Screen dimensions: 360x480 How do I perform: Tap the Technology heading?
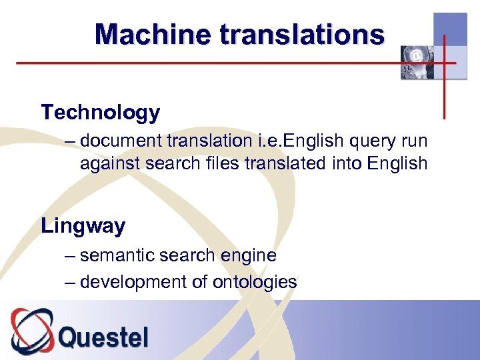click(100, 113)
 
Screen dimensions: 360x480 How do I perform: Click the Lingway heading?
click(83, 226)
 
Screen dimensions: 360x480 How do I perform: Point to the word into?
click(345, 163)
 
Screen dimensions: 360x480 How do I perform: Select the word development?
click(133, 282)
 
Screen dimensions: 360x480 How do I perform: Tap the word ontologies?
click(255, 282)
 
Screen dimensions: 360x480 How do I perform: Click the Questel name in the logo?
click(103, 337)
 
